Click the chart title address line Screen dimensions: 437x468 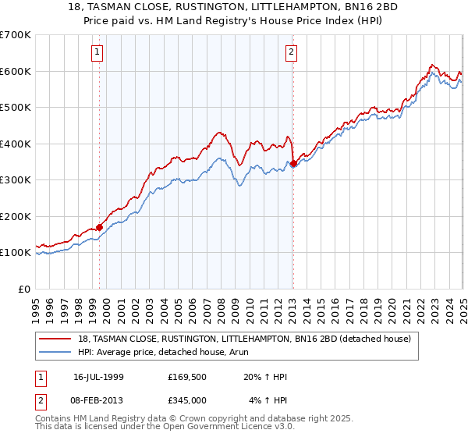234,7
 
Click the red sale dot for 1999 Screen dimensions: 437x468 100,227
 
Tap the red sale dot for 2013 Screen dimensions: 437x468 292,164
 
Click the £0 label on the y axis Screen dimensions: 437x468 25,289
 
